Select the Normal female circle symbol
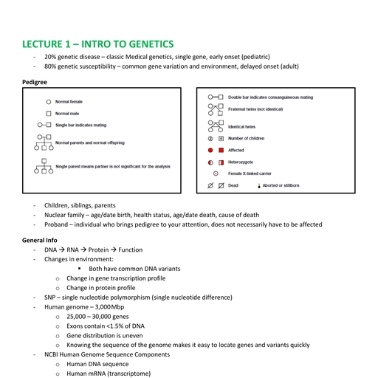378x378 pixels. [x=49, y=101]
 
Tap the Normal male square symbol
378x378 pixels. [x=49, y=114]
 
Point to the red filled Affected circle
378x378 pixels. [x=211, y=150]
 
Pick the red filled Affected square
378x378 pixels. [x=221, y=150]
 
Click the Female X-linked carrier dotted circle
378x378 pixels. [x=216, y=173]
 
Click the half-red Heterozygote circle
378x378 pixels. [x=211, y=162]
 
